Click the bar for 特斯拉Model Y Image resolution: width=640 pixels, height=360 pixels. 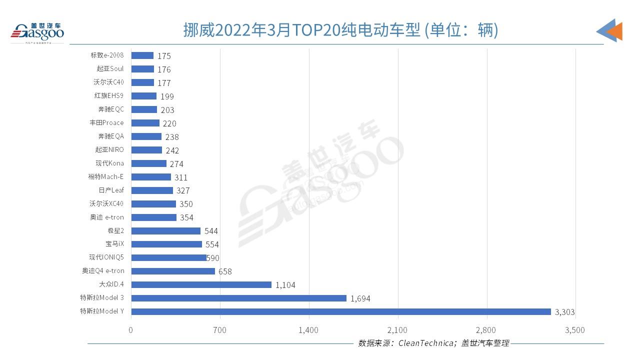pos(340,311)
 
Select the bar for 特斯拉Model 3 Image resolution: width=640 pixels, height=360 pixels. pos(238,298)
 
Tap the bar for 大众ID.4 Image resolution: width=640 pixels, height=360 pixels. pos(201,284)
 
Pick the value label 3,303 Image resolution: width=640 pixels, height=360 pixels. pos(564,312)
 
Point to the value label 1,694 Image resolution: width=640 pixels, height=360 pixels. pos(360,298)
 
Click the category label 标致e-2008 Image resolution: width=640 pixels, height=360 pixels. pos(107,55)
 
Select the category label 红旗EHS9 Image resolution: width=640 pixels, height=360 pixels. pos(110,96)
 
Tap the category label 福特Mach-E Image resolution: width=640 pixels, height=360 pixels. pos(105,177)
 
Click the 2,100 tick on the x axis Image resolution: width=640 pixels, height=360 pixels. pos(397,330)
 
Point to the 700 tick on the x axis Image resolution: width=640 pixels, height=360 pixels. pos(219,330)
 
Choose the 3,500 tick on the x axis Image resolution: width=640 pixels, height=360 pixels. pos(575,330)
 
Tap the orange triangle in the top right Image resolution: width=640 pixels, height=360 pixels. pos(616,31)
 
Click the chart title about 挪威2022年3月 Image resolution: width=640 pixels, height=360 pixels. pos(340,30)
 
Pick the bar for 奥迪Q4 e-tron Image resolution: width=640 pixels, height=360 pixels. pos(173,271)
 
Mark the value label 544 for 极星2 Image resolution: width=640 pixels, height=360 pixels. pos(211,231)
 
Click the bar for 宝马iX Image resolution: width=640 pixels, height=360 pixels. pos(166,244)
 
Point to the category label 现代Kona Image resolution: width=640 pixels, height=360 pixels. pos(109,163)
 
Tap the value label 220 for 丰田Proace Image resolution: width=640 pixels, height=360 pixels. pos(169,123)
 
